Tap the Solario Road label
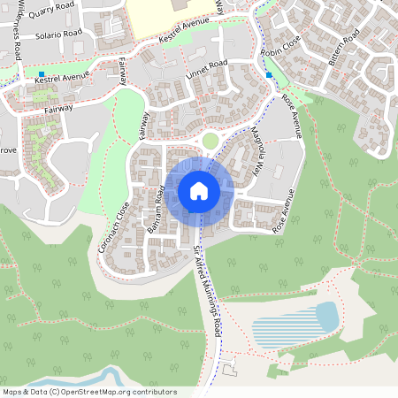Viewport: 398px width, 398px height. pyautogui.click(x=59, y=34)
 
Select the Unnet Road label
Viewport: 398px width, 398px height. pyautogui.click(x=207, y=72)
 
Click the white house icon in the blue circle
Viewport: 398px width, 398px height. pyautogui.click(x=199, y=190)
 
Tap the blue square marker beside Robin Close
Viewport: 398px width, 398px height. pyautogui.click(x=269, y=74)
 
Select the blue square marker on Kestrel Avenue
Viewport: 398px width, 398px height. pyautogui.click(x=42, y=73)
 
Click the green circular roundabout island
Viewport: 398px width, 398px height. pyautogui.click(x=210, y=140)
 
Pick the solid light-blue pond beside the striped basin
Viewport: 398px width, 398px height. pyautogui.click(x=326, y=316)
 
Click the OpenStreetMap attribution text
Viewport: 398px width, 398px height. pyautogui.click(x=89, y=392)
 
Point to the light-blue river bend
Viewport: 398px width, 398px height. pyautogui.click(x=97, y=376)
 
